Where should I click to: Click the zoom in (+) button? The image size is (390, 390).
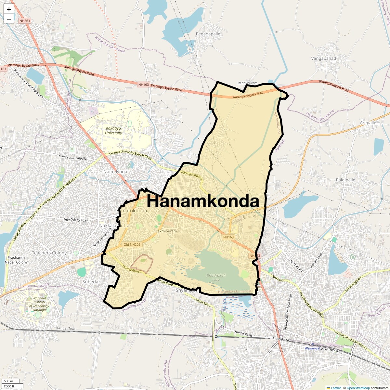pyautogui.click(x=9, y=9)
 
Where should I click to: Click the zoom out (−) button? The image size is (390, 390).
pyautogui.click(x=9, y=19)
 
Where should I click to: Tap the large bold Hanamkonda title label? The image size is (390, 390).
pyautogui.click(x=203, y=201)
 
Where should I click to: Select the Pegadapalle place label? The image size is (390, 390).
pyautogui.click(x=208, y=34)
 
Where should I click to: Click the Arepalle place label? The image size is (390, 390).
pyautogui.click(x=368, y=123)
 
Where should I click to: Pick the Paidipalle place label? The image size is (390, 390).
pyautogui.click(x=345, y=180)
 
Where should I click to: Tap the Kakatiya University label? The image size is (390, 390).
pyautogui.click(x=113, y=131)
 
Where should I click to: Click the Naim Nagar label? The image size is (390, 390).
pyautogui.click(x=116, y=172)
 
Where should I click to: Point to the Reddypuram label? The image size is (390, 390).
pyautogui.click(x=247, y=83)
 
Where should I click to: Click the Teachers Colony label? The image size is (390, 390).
pyautogui.click(x=49, y=253)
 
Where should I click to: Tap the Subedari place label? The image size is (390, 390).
pyautogui.click(x=92, y=282)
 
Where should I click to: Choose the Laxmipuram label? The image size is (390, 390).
pyautogui.click(x=166, y=231)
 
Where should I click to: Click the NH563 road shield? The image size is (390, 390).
pyautogui.click(x=24, y=21)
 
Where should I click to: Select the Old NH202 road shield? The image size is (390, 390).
pyautogui.click(x=132, y=244)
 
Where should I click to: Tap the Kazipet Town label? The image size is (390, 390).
pyautogui.click(x=66, y=329)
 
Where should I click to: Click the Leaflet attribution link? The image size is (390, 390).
pyautogui.click(x=335, y=388)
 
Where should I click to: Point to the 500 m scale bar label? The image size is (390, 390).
pyautogui.click(x=8, y=381)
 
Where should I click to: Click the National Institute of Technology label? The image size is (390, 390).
pyautogui.click(x=40, y=304)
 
